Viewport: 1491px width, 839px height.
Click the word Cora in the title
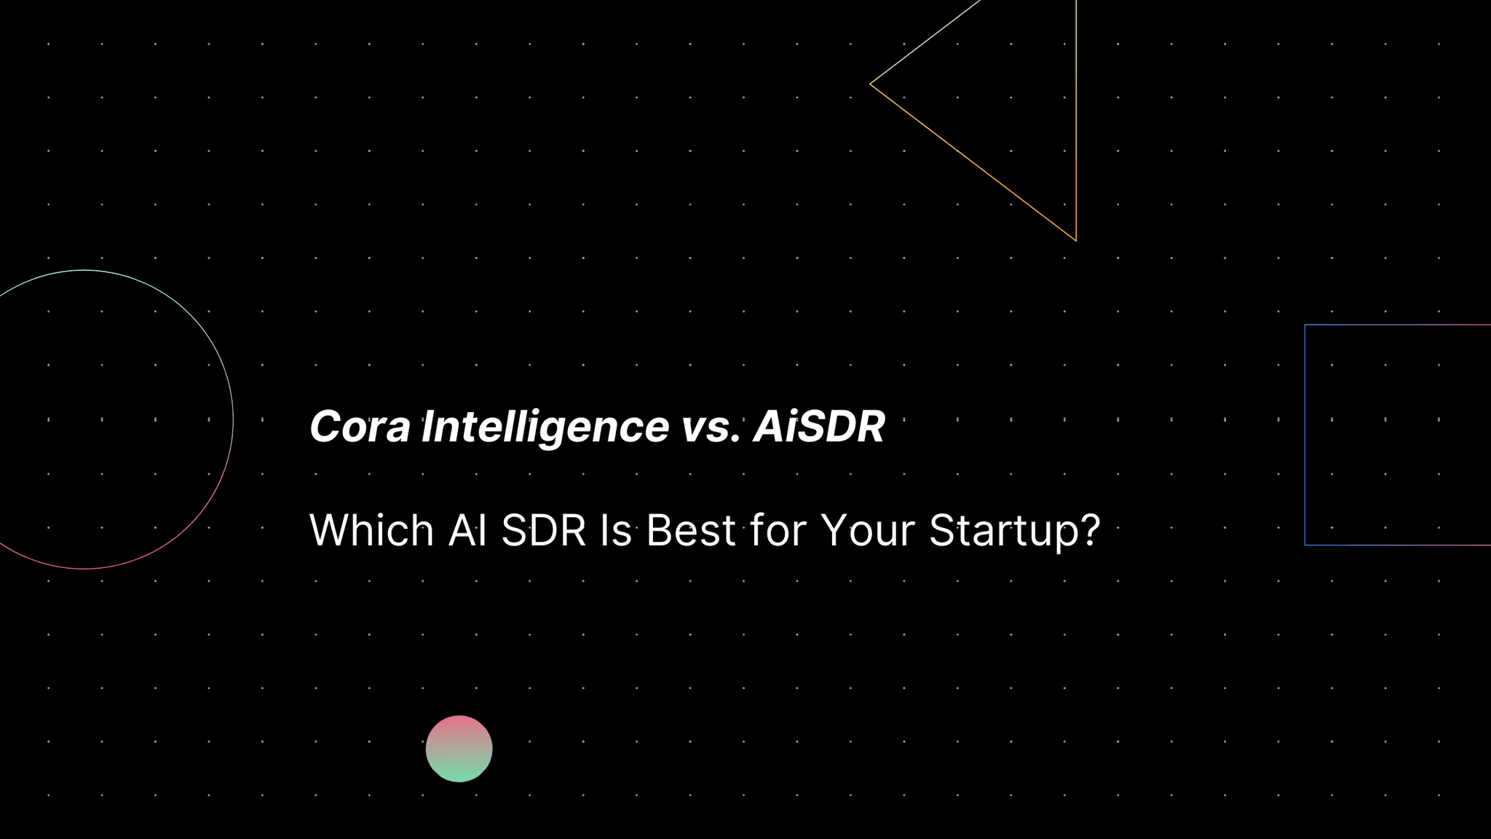click(x=360, y=427)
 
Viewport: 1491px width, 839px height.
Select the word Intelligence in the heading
click(x=545, y=427)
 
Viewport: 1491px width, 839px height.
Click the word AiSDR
click(x=819, y=427)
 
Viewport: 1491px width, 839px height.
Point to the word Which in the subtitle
click(x=371, y=530)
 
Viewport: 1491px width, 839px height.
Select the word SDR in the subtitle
click(x=544, y=530)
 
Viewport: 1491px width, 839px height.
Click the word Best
click(x=690, y=530)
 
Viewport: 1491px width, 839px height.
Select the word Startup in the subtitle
click(x=1005, y=532)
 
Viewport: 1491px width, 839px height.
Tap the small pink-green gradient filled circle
click(x=459, y=749)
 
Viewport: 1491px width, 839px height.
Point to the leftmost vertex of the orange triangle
click(x=871, y=84)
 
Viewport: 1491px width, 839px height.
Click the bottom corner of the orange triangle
click(x=1075, y=240)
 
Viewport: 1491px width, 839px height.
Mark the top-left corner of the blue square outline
click(x=1305, y=326)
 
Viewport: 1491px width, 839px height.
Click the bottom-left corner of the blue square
click(x=1305, y=544)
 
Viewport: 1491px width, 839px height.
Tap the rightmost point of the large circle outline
click(x=233, y=419)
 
